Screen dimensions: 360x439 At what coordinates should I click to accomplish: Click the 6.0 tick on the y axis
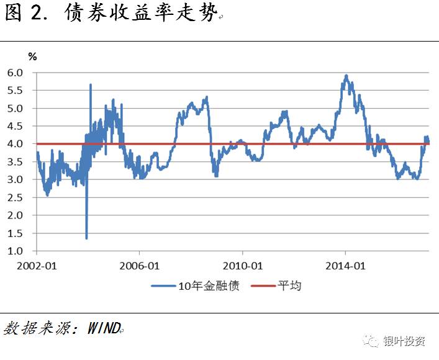click(x=14, y=73)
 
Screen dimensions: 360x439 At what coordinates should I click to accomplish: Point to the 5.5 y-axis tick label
click(x=14, y=91)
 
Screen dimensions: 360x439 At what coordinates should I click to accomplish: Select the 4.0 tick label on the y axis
click(x=14, y=144)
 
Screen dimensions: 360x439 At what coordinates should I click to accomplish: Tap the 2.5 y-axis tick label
click(x=14, y=198)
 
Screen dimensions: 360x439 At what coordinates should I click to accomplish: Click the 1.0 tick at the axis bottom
click(x=14, y=251)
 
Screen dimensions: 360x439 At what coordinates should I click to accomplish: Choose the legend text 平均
click(x=289, y=286)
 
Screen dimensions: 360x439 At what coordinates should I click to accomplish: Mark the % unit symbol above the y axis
click(x=32, y=56)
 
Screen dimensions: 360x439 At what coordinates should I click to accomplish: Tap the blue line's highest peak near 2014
click(x=346, y=76)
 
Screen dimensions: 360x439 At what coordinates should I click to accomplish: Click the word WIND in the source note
click(x=103, y=327)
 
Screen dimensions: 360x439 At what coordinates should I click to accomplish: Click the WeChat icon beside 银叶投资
click(x=372, y=341)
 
